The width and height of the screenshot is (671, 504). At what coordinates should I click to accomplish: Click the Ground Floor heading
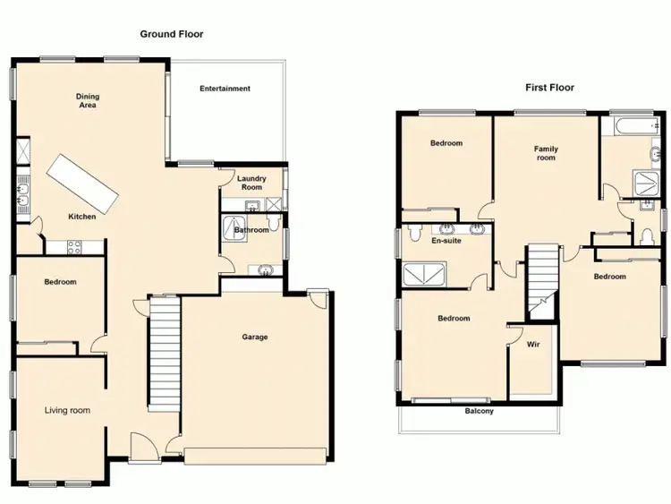[x=171, y=34]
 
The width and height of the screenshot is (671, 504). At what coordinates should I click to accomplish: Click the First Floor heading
[x=549, y=88]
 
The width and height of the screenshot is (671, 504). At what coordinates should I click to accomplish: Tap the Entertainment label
[x=225, y=89]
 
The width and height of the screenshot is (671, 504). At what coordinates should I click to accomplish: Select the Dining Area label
[x=87, y=100]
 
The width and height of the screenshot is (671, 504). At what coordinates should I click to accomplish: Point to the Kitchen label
[x=83, y=217]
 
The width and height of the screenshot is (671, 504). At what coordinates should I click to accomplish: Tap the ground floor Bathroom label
[x=251, y=230]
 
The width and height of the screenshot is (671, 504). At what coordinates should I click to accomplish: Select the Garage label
[x=255, y=337]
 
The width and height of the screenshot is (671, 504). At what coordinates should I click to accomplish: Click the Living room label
[x=68, y=411]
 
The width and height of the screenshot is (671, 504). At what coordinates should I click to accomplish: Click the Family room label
[x=546, y=153]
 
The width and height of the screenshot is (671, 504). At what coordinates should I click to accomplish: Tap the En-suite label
[x=446, y=242]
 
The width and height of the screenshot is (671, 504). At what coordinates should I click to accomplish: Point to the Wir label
[x=532, y=344]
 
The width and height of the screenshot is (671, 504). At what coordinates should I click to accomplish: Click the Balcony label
[x=479, y=412]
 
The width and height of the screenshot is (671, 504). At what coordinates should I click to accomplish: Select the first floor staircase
[x=541, y=278]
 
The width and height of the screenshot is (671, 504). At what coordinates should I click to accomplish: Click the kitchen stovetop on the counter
[x=72, y=247]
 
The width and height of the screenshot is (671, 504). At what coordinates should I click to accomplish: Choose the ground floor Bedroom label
[x=60, y=282]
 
